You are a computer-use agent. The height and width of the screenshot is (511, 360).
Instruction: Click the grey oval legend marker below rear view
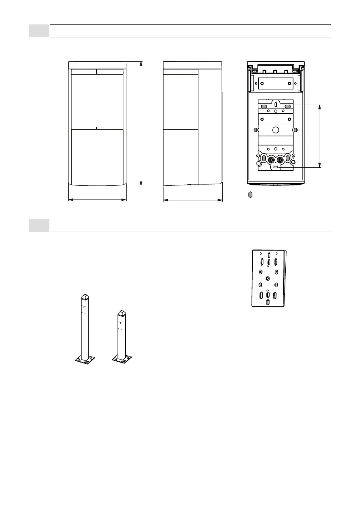point(251,195)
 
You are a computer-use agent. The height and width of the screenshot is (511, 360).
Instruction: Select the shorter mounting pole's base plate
point(121,358)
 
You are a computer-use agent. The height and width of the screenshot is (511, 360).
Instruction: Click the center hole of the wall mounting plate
point(268,279)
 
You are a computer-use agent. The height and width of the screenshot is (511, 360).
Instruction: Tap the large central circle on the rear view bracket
point(276,130)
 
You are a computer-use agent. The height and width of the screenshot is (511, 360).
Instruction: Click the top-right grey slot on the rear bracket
point(287,106)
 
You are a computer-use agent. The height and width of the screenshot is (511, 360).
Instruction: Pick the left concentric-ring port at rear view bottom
point(271,160)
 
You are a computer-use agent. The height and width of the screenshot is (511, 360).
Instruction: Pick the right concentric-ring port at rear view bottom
point(281,160)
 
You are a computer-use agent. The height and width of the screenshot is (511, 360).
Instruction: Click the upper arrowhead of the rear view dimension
point(320,106)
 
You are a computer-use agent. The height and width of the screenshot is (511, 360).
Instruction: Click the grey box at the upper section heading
point(39,31)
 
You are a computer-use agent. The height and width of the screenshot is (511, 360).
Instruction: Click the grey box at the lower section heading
point(39,226)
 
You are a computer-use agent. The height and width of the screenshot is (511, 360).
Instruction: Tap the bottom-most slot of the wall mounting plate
point(268,302)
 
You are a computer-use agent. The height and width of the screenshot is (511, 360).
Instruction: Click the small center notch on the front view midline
point(97,127)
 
